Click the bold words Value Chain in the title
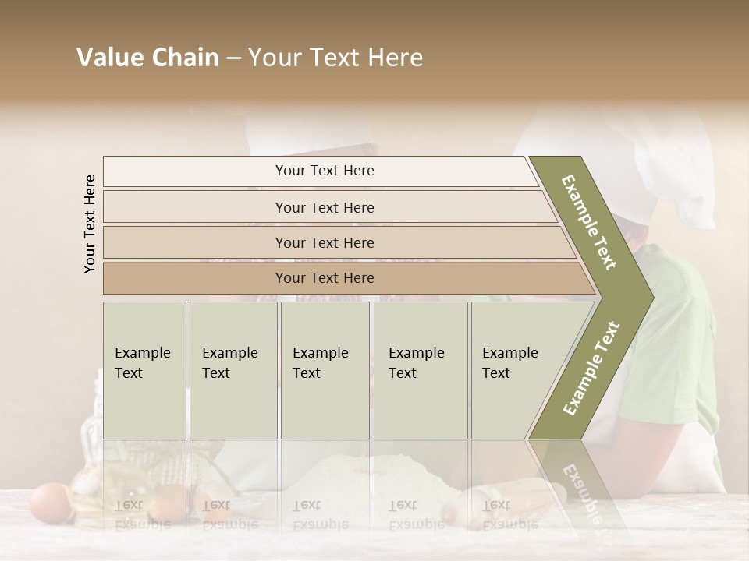(147, 58)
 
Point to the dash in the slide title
(233, 58)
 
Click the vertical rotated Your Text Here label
(90, 224)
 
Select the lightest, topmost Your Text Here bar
(324, 171)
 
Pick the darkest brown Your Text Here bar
(324, 278)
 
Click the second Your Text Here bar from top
(324, 207)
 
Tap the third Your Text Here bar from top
(324, 242)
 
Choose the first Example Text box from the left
(144, 370)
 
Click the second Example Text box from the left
(233, 370)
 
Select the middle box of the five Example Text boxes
(325, 370)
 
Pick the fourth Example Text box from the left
(421, 370)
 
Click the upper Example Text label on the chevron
(589, 222)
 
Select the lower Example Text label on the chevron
(591, 368)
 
